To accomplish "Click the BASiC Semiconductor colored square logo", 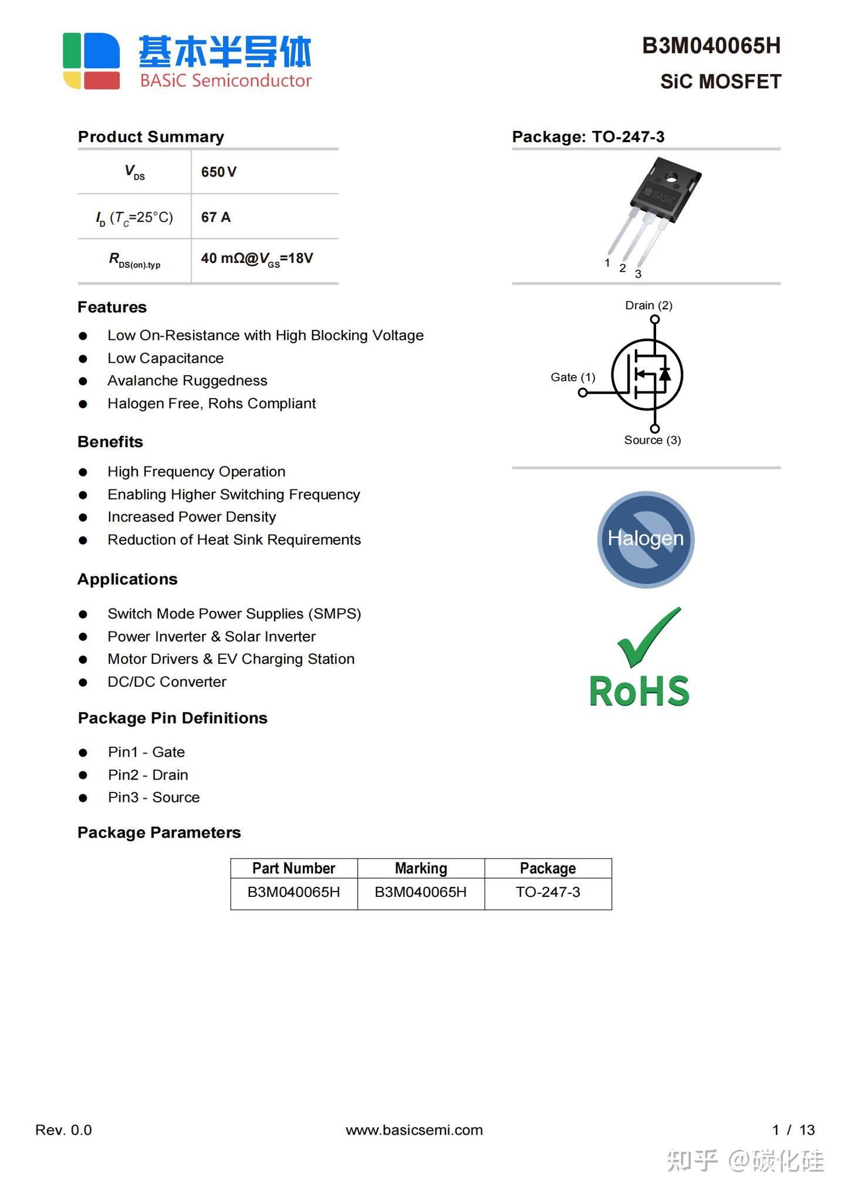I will (92, 61).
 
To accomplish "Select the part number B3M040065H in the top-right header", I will (711, 46).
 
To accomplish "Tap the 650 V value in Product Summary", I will (218, 172).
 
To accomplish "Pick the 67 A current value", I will (216, 217).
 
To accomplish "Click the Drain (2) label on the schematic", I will (648, 305).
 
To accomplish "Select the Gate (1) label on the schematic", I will (573, 377).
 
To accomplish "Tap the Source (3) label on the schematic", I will (652, 440).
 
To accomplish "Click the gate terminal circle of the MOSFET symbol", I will (583, 393).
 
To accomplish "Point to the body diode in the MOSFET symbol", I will (665, 373).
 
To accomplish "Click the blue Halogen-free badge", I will (645, 539).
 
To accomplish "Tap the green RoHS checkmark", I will (649, 636).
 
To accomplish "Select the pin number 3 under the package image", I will (638, 274).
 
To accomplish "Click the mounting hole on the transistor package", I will (670, 175).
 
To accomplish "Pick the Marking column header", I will (421, 868).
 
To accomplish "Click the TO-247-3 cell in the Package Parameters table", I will (547, 892).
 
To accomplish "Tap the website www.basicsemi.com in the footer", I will (414, 1130).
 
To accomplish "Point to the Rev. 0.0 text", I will (63, 1130).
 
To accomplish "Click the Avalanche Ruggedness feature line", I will (187, 381).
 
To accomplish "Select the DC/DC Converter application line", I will (167, 682).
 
